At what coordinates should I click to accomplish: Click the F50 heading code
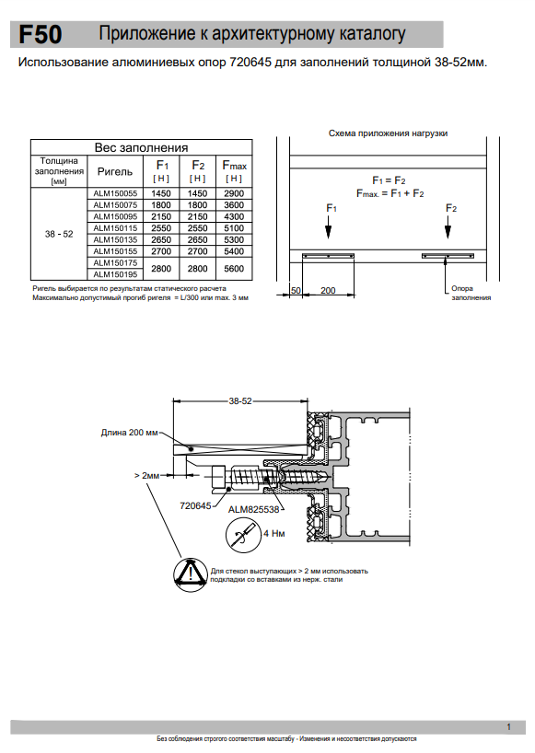pos(41,35)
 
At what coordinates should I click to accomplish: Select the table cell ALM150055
pos(115,193)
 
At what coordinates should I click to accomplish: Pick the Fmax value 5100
pos(234,228)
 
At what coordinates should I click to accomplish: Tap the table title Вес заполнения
pos(141,147)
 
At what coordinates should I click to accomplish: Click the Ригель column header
pos(115,171)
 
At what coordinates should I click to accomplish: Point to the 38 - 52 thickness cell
pos(59,234)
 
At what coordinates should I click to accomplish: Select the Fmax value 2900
pos(234,193)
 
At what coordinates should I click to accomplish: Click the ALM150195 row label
pos(115,274)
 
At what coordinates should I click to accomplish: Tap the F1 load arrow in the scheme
pos(328,227)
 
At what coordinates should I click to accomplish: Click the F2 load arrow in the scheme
pos(448,227)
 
